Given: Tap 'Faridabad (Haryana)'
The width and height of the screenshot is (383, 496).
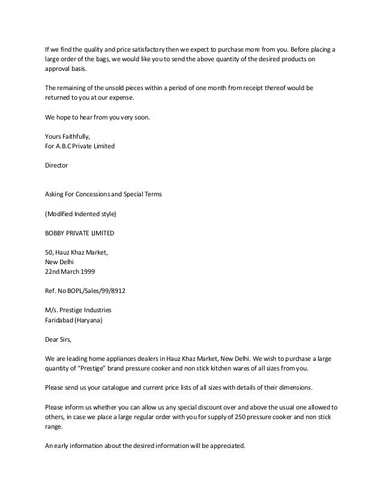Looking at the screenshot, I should [74, 320].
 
